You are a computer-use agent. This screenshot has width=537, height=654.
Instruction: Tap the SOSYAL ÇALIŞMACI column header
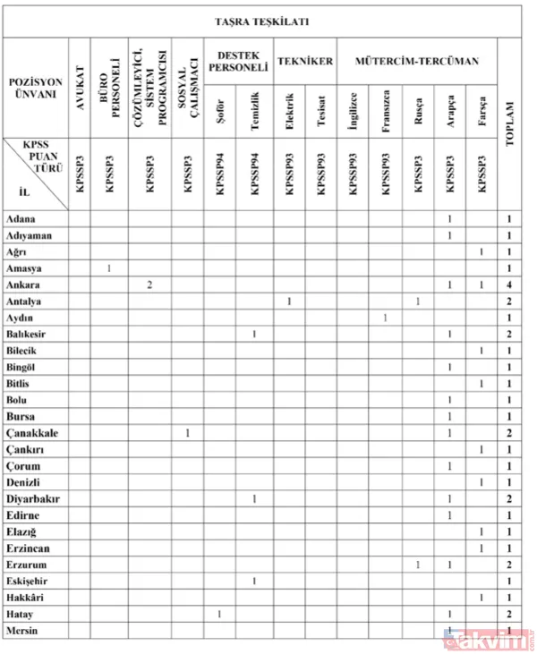tap(187, 87)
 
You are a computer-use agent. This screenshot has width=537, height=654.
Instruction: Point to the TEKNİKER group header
tap(305, 61)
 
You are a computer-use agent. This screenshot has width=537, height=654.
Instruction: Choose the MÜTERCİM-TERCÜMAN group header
tap(418, 61)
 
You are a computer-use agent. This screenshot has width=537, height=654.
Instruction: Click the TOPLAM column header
tap(510, 116)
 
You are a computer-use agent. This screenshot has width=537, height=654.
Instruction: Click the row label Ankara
tap(24, 285)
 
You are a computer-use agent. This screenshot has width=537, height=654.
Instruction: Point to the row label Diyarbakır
tap(33, 499)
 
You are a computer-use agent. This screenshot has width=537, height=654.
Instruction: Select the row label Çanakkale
tap(33, 433)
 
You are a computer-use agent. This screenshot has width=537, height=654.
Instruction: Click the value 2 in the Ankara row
tap(149, 285)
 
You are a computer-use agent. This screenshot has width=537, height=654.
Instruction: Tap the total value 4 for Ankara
tap(510, 285)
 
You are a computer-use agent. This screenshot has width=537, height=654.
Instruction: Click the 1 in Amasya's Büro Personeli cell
tap(109, 268)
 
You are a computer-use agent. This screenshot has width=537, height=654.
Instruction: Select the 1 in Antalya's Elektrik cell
tap(288, 302)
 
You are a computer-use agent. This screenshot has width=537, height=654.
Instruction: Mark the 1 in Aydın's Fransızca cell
tap(386, 318)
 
